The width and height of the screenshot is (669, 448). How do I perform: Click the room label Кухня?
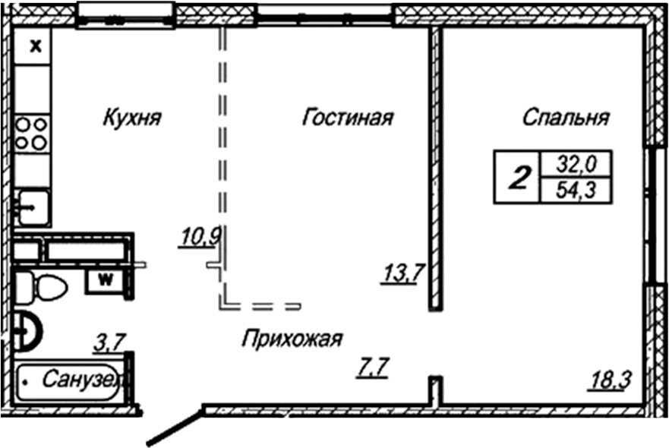coord(133,118)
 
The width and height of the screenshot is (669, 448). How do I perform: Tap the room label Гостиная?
coord(347,118)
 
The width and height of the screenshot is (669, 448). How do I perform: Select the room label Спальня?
coord(566,118)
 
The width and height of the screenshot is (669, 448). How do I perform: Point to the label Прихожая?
coord(292,339)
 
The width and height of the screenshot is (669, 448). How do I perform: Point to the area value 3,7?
coord(108,343)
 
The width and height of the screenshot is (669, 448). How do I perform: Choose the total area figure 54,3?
coord(574,191)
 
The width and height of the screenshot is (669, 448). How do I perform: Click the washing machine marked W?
coord(107,279)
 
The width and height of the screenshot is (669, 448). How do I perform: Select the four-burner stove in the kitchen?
coord(33,132)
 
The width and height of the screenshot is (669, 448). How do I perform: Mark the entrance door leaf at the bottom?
coord(176,427)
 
